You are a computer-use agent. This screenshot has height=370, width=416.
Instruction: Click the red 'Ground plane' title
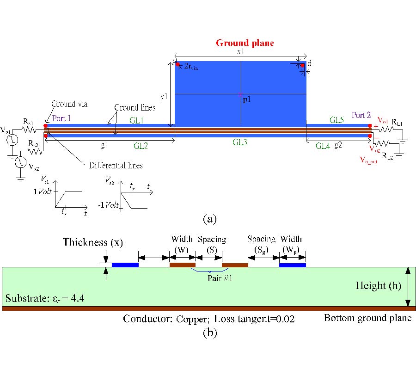click(x=245, y=43)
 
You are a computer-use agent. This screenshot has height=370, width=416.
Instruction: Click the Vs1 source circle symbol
click(x=12, y=139)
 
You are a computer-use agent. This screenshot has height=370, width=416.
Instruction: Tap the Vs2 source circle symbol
click(x=20, y=162)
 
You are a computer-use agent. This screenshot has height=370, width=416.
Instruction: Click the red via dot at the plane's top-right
click(x=302, y=65)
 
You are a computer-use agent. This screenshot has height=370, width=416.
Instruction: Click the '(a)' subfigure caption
click(x=209, y=219)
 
